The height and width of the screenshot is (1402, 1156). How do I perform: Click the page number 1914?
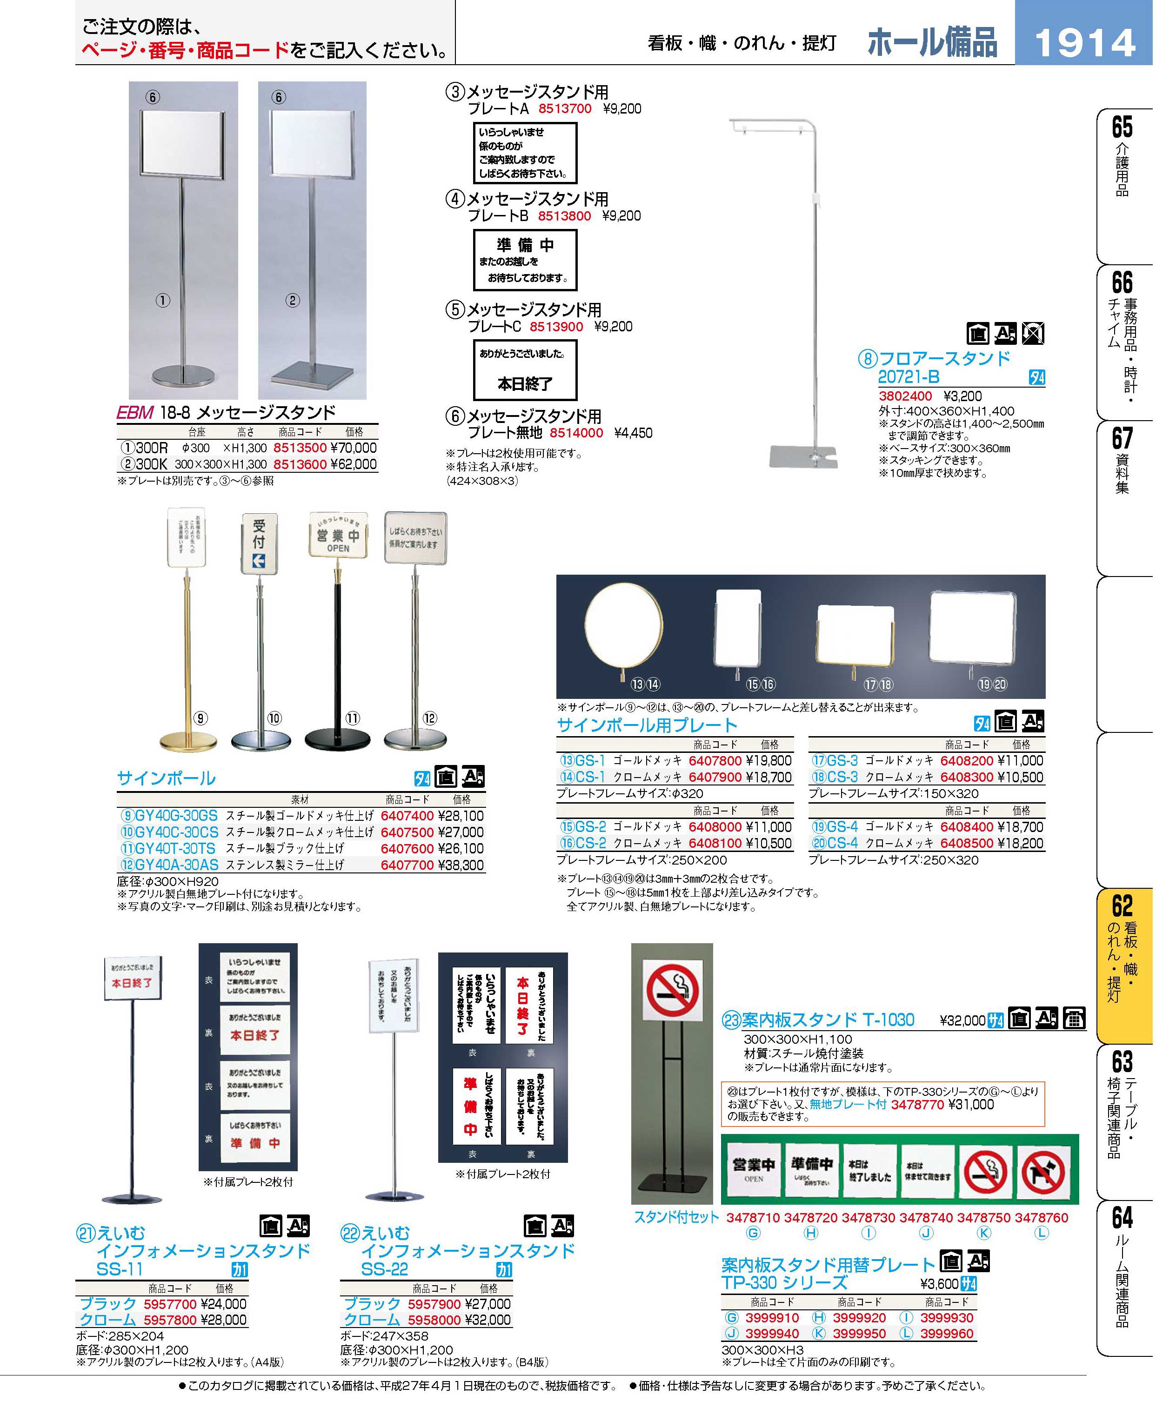(1084, 43)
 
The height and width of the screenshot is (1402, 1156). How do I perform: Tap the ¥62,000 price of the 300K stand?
(353, 464)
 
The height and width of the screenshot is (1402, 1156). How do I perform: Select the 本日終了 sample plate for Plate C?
(525, 370)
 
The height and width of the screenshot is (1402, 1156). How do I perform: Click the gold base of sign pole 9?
(188, 741)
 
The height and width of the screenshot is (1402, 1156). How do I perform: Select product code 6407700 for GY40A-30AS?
(407, 865)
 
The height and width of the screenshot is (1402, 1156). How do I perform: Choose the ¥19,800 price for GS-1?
(769, 761)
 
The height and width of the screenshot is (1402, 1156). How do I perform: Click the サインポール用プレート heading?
(647, 725)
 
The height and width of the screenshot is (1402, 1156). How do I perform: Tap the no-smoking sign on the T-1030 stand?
(673, 990)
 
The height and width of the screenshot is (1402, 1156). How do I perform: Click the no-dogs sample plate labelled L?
(1043, 1173)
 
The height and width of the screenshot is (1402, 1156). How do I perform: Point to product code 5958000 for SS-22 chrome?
(434, 1320)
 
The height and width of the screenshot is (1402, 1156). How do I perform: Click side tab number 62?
(1122, 906)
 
